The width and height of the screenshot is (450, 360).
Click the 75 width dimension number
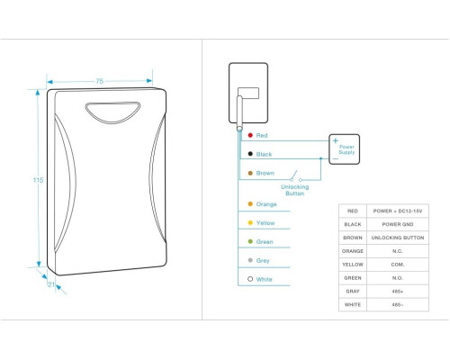click(x=100, y=81)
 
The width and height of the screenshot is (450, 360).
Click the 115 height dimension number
click(x=38, y=180)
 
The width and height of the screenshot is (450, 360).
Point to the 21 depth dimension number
click(x=51, y=284)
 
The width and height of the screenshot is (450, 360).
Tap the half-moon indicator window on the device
click(x=112, y=112)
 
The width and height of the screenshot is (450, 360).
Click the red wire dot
click(x=250, y=135)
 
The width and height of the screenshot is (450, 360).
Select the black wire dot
click(x=250, y=154)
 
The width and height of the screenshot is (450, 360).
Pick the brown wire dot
click(x=250, y=173)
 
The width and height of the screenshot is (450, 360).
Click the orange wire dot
click(x=250, y=204)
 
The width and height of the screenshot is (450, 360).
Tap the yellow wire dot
click(x=250, y=222)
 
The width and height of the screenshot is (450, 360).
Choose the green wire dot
click(x=250, y=241)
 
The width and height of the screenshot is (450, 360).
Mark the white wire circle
click(x=250, y=279)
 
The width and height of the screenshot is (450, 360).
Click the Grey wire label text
click(x=263, y=261)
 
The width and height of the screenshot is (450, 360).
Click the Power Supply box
click(x=344, y=149)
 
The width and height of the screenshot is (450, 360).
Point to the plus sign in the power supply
click(x=336, y=140)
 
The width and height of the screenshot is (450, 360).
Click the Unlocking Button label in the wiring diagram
click(x=294, y=190)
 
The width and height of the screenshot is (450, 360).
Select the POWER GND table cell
click(x=398, y=224)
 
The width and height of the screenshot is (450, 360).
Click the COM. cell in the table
click(x=398, y=265)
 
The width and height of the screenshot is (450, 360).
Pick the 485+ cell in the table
click(x=398, y=292)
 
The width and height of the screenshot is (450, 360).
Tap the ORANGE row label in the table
click(x=353, y=251)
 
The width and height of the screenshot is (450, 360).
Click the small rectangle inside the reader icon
click(x=248, y=93)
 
